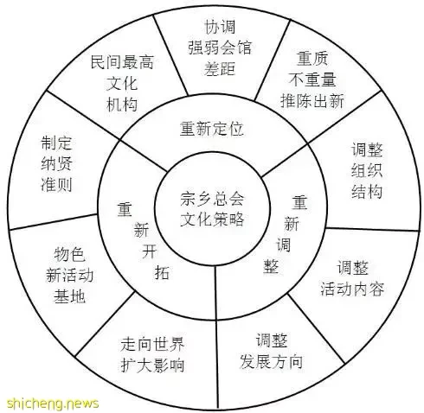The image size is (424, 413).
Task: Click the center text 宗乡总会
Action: click(x=212, y=199)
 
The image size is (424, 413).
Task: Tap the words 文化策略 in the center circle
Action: click(x=212, y=219)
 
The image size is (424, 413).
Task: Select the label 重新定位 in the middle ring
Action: click(x=212, y=129)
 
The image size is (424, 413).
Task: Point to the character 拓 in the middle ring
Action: click(x=162, y=272)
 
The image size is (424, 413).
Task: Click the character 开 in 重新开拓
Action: click(x=149, y=251)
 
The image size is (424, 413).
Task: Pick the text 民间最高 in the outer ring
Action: click(x=122, y=61)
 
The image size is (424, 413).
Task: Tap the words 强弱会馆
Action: click(x=220, y=48)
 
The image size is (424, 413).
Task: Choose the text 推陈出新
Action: click(x=312, y=101)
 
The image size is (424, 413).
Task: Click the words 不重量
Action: click(x=312, y=79)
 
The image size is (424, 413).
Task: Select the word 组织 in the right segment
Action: click(x=367, y=170)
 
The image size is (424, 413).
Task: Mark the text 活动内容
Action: click(x=352, y=289)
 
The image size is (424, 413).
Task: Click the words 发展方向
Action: click(x=271, y=361)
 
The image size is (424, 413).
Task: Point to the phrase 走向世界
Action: click(x=152, y=344)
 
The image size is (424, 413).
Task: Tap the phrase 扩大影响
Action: click(x=152, y=365)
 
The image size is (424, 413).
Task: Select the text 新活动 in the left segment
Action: click(x=69, y=275)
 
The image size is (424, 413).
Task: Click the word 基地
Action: click(x=69, y=296)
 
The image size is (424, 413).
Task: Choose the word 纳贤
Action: click(x=56, y=164)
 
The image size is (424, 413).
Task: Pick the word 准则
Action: click(x=56, y=185)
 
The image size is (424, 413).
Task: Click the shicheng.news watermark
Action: click(x=53, y=403)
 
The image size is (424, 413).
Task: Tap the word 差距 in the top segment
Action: click(x=220, y=68)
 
